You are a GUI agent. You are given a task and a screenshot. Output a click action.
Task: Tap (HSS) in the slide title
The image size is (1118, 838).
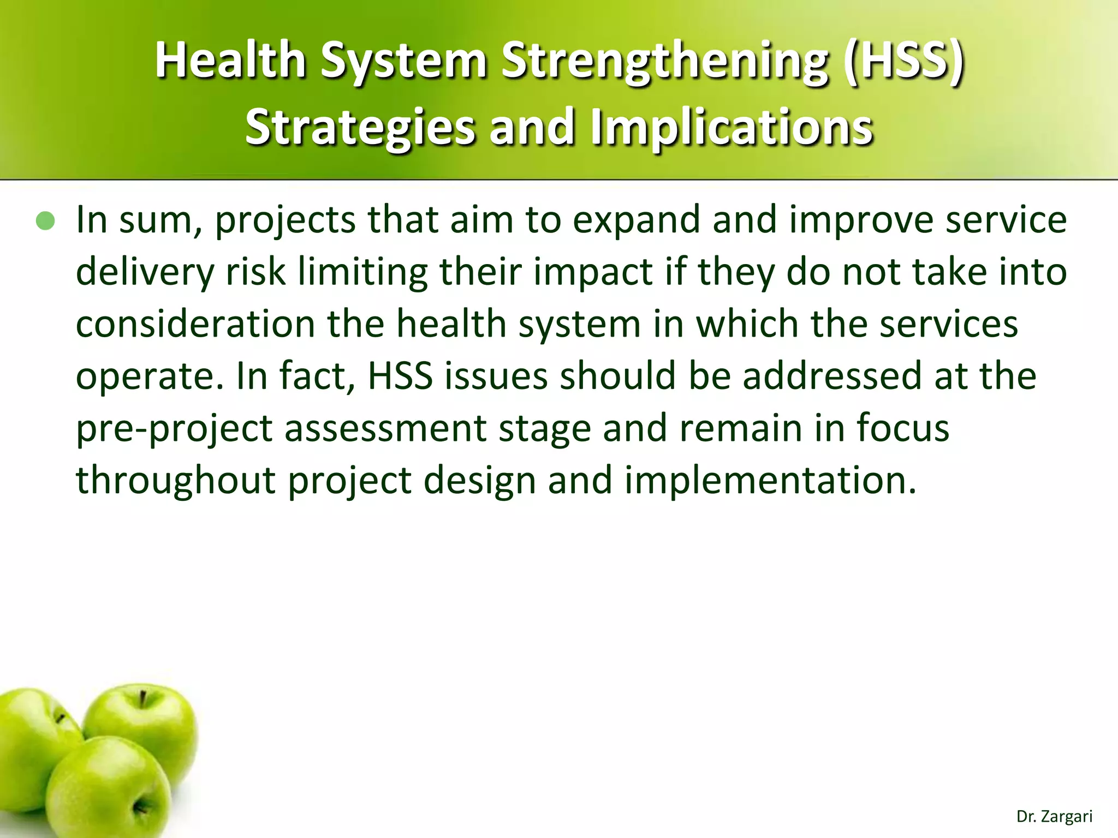click(903, 61)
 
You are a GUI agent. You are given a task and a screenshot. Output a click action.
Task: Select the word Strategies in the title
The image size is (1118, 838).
click(360, 127)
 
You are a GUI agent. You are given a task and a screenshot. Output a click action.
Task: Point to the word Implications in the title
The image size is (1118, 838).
click(732, 127)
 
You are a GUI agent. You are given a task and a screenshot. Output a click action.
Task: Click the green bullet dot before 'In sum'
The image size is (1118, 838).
click(45, 221)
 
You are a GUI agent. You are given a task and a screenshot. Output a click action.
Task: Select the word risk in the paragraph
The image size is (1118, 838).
click(255, 271)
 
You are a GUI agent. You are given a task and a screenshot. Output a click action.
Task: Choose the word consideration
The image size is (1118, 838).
click(195, 324)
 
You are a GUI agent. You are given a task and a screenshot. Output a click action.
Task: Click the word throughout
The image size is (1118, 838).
click(175, 481)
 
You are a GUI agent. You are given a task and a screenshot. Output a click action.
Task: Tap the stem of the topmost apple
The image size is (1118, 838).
click(142, 699)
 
